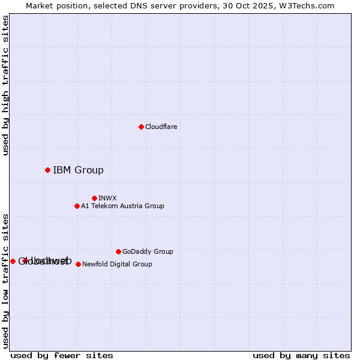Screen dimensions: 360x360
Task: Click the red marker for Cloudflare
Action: pos(141,127)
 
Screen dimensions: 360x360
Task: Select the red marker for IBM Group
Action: pos(47,170)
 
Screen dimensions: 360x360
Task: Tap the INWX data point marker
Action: pos(94,198)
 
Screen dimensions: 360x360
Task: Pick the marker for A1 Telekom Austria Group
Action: pos(77,206)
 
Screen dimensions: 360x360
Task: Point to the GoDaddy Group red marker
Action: pos(118,251)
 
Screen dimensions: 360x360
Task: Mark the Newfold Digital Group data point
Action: pos(78,264)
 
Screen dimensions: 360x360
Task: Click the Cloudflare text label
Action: pos(161,127)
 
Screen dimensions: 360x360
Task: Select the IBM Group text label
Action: pos(78,170)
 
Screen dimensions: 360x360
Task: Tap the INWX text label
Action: pos(107,198)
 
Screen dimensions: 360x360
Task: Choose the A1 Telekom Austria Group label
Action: pos(122,206)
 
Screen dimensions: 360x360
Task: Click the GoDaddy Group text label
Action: pos(148,251)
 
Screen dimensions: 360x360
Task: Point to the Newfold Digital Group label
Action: pos(117,264)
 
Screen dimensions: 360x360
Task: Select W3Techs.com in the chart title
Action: pos(309,5)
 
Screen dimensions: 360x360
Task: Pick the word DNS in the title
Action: pos(147,5)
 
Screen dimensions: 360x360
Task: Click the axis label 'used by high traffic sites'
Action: pos(5,85)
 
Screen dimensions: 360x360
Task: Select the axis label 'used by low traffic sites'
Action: pos(5,281)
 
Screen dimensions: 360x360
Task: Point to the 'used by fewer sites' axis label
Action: pos(62,355)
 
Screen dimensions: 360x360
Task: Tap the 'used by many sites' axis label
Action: pos(301,355)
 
